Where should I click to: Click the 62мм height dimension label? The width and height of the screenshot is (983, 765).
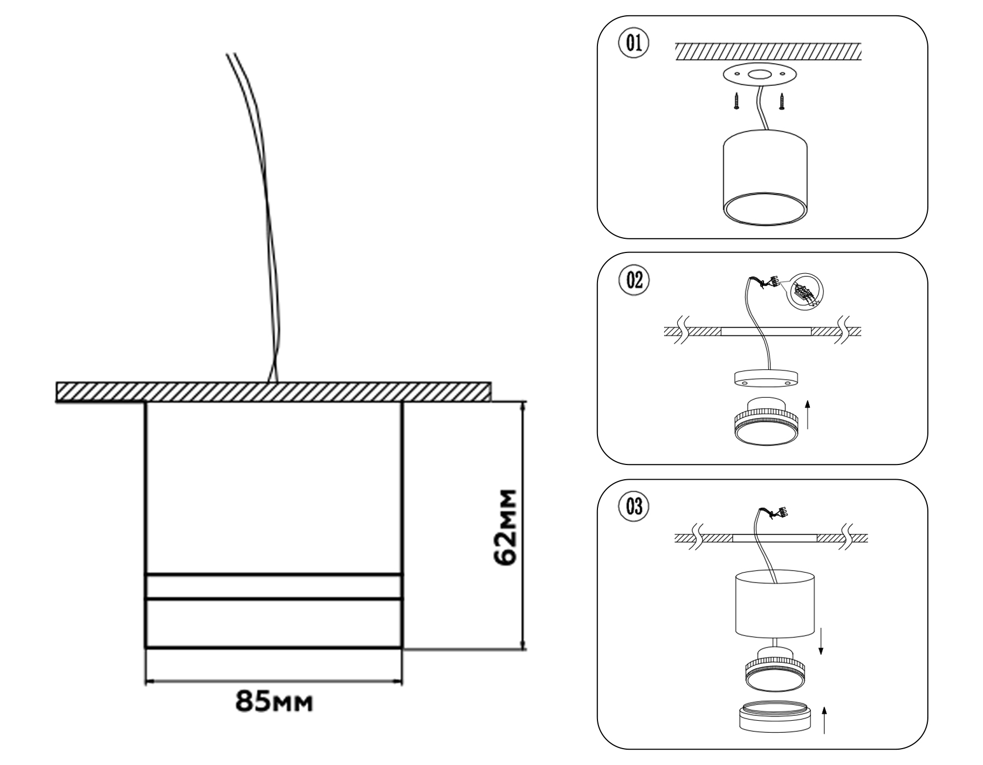504,527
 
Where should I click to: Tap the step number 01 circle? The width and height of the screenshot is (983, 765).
633,44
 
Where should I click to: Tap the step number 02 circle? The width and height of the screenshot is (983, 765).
633,280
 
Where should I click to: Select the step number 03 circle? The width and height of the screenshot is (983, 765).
633,507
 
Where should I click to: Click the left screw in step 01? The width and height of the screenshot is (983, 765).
735,101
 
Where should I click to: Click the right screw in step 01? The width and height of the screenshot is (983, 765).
782,101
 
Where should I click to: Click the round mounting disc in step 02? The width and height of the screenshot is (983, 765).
765,378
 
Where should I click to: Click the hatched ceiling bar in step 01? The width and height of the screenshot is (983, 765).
768,51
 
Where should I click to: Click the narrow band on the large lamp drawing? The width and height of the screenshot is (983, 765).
274,587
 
